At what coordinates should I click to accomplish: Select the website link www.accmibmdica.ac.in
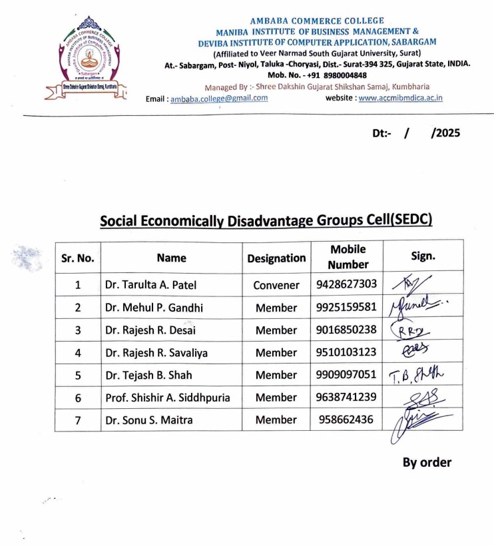(401, 98)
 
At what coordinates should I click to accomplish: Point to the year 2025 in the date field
(445, 133)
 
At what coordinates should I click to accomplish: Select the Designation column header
(276, 258)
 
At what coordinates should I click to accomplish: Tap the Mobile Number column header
(348, 257)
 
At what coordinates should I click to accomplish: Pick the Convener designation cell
(276, 285)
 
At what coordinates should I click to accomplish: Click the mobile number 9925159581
(346, 308)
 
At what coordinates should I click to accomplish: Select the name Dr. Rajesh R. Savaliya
(156, 353)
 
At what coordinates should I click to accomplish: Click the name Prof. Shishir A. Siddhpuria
(168, 398)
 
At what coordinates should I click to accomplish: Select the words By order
(427, 462)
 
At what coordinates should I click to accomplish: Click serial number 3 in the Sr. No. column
(78, 330)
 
